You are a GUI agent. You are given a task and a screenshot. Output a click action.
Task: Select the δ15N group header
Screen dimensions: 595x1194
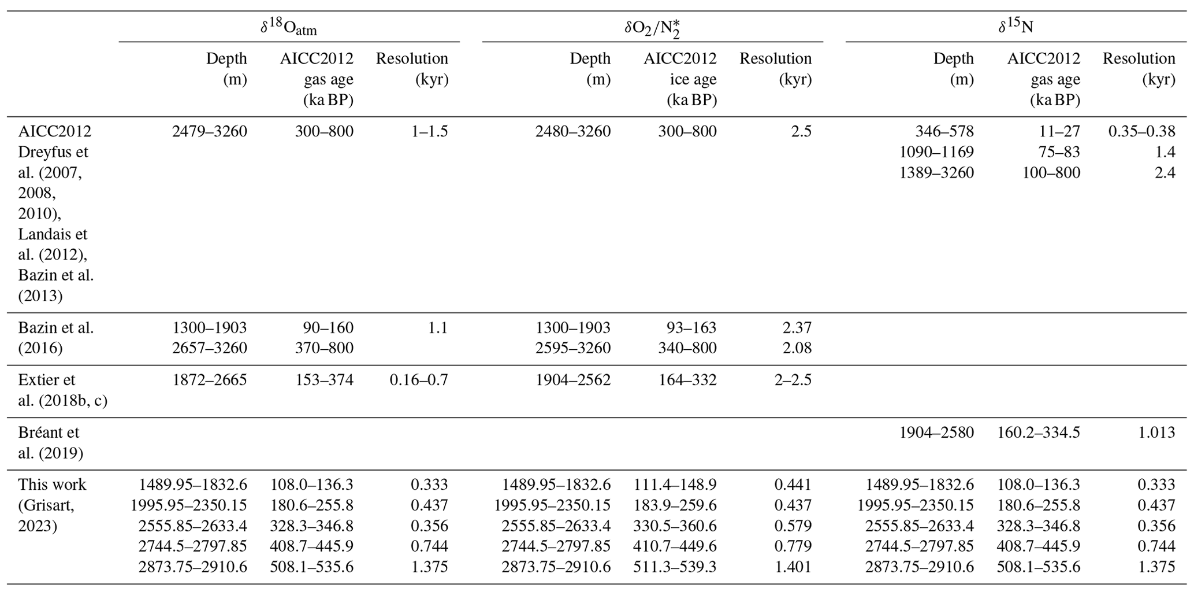tap(1016, 27)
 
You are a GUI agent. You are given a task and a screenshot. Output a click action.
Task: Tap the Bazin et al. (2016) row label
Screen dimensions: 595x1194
tap(55, 338)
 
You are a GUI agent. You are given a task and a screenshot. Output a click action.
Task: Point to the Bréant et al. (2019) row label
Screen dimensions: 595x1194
tap(49, 442)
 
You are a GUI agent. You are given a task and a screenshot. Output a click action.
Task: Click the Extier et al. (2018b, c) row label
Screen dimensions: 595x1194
tap(62, 390)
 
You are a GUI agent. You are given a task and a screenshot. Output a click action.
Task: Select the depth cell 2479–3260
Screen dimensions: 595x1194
tap(209, 131)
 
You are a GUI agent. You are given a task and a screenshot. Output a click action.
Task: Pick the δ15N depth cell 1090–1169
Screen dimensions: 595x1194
tap(936, 152)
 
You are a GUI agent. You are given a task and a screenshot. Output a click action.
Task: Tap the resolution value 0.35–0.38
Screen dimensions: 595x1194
tap(1141, 131)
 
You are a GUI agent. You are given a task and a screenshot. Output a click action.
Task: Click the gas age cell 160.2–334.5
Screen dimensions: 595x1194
tap(1038, 433)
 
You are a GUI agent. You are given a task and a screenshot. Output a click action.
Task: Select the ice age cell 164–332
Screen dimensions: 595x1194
tap(687, 380)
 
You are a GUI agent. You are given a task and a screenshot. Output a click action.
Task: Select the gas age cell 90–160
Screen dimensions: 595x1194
tap(328, 328)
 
